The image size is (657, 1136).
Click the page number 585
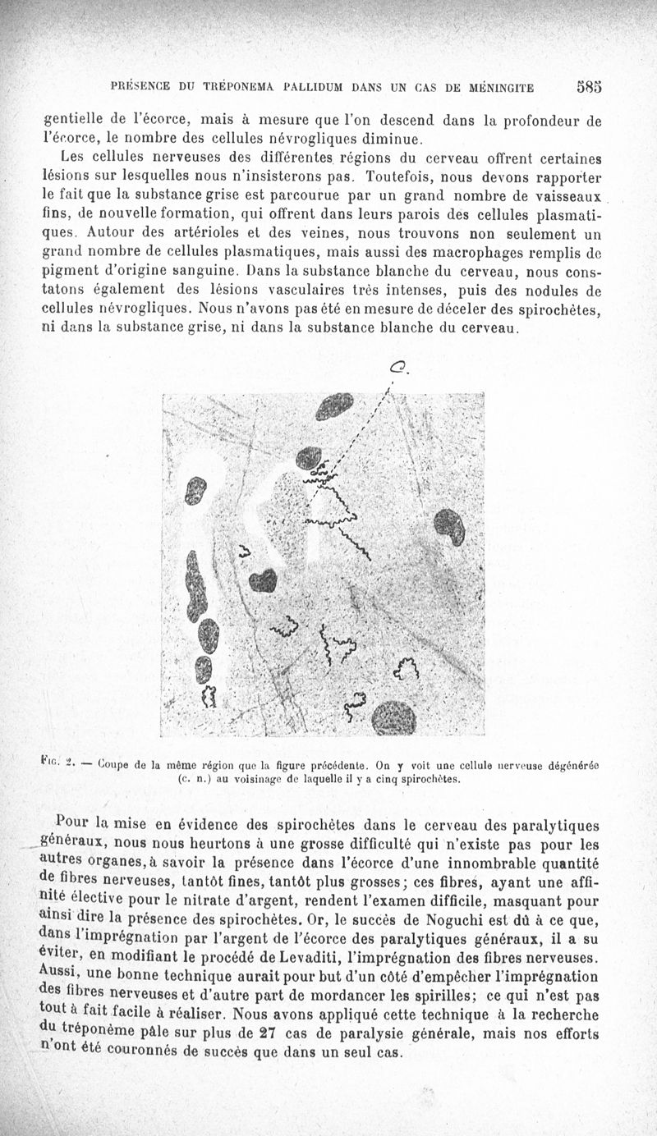click(589, 85)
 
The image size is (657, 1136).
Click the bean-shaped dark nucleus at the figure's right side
click(449, 526)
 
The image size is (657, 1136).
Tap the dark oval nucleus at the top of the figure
click(335, 405)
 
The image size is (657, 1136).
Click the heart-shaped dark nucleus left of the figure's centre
click(263, 580)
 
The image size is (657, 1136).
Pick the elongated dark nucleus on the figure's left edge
click(195, 586)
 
